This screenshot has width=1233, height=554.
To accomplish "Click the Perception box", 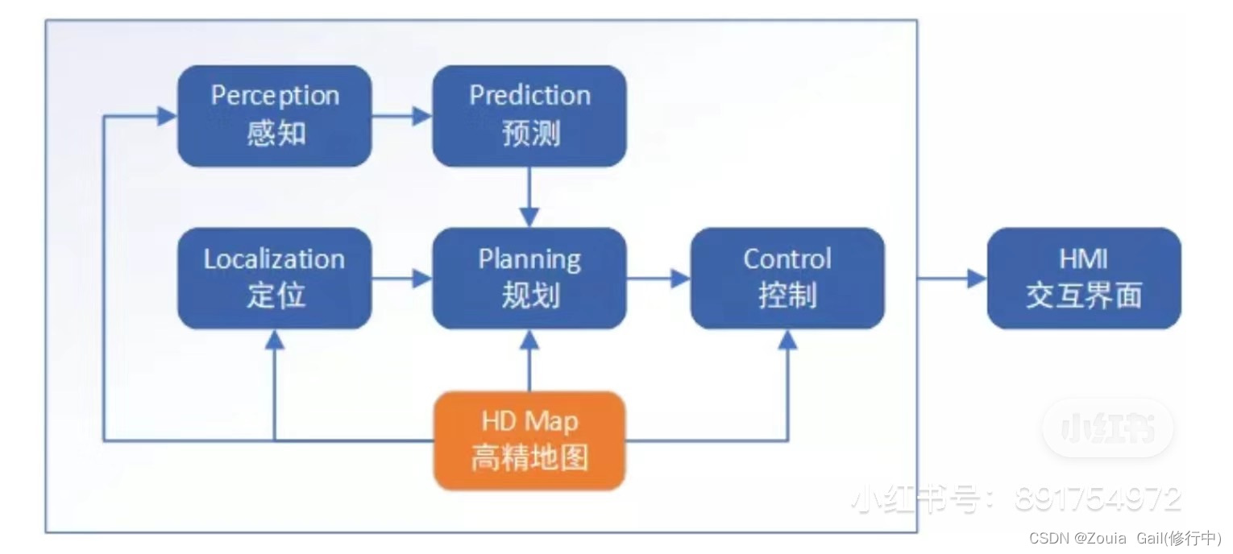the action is (274, 116).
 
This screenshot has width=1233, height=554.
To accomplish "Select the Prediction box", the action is (529, 116).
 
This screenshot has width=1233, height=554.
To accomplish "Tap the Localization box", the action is (274, 279).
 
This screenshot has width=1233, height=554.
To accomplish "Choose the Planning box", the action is (529, 279).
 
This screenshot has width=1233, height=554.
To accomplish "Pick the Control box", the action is (787, 279).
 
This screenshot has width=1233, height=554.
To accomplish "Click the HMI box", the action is (1084, 279).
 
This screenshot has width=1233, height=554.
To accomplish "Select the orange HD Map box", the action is (529, 440).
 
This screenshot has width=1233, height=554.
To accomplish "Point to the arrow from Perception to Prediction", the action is (402, 116).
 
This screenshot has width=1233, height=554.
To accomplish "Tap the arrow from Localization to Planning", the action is (402, 279).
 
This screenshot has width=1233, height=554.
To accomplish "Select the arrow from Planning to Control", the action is (658, 279).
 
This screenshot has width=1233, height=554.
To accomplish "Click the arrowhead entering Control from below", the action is (787, 341).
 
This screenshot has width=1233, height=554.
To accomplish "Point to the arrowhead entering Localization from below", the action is (275, 341).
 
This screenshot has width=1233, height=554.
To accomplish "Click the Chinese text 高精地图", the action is (529, 458).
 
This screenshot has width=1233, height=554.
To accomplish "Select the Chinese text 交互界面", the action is (1084, 296).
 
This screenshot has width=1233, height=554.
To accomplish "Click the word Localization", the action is (274, 259).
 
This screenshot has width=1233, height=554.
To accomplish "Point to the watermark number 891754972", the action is (1098, 499).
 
